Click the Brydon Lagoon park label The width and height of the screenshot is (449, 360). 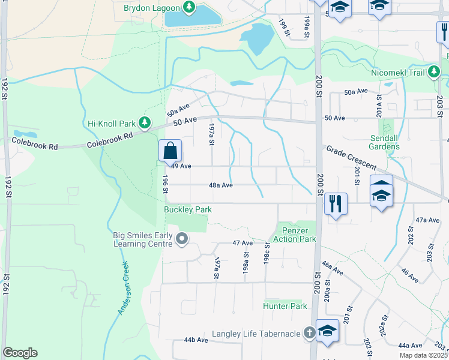[x=152, y=8]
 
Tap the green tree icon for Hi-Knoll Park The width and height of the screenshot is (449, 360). [x=145, y=123]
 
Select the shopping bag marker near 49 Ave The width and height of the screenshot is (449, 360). [x=170, y=150]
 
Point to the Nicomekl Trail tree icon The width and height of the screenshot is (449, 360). [x=435, y=73]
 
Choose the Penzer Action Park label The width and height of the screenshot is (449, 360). [x=294, y=234]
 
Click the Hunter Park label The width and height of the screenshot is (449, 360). [x=285, y=306]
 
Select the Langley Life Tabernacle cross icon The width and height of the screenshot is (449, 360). [x=309, y=333]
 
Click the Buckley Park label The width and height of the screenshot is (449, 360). [x=188, y=209]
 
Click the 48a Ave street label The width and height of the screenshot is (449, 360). [x=221, y=185]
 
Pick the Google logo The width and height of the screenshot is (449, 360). [x=20, y=353]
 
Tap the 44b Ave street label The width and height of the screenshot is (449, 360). [x=196, y=340]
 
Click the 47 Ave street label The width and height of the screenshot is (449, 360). [x=243, y=243]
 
